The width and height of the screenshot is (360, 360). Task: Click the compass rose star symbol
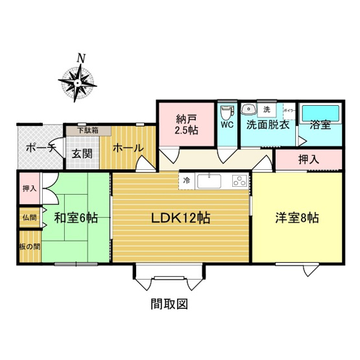pyautogui.click(x=77, y=83)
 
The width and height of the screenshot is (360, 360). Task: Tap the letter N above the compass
pyautogui.click(x=81, y=58)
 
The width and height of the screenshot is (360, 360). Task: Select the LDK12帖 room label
pyautogui.click(x=181, y=218)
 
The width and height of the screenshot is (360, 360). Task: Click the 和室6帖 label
pyautogui.click(x=77, y=218)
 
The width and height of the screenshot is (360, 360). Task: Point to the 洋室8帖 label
pyautogui.click(x=296, y=218)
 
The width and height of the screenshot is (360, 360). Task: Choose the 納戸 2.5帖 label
pyautogui.click(x=186, y=124)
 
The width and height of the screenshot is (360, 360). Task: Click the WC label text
pyautogui.click(x=227, y=125)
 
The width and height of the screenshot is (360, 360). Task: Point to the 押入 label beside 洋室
pyautogui.click(x=309, y=159)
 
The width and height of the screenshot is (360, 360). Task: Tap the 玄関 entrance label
pyautogui.click(x=82, y=154)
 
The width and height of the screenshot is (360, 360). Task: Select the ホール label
pyautogui.click(x=128, y=148)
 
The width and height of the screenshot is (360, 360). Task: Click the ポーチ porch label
pyautogui.click(x=40, y=148)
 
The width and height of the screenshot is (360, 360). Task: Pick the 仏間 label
pyautogui.click(x=29, y=218)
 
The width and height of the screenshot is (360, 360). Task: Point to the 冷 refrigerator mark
pyautogui.click(x=186, y=180)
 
